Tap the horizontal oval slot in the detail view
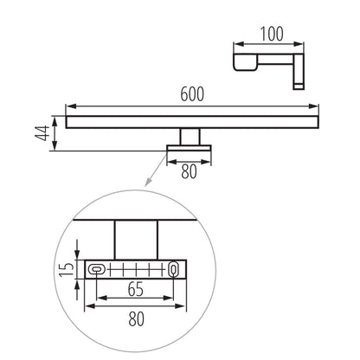(98, 269)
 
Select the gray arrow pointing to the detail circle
(155, 177)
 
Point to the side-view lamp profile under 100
(260, 62)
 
